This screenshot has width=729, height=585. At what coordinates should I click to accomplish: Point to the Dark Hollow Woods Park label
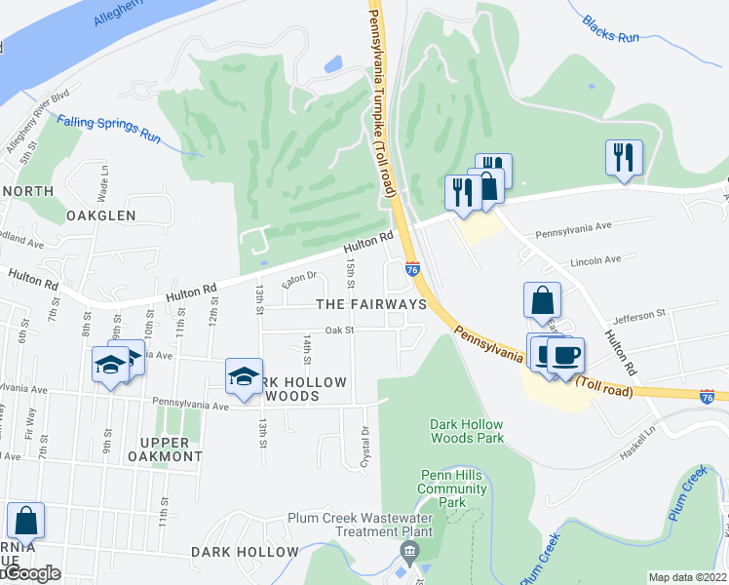point(468,431)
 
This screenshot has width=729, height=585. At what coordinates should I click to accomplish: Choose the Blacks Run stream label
point(610,28)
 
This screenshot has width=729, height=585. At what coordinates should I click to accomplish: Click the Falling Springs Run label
point(108,129)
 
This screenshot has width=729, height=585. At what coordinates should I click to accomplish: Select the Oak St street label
point(338,331)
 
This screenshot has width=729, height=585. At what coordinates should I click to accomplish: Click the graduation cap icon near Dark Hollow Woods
point(243,376)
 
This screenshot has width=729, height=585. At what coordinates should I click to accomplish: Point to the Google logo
point(31,574)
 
